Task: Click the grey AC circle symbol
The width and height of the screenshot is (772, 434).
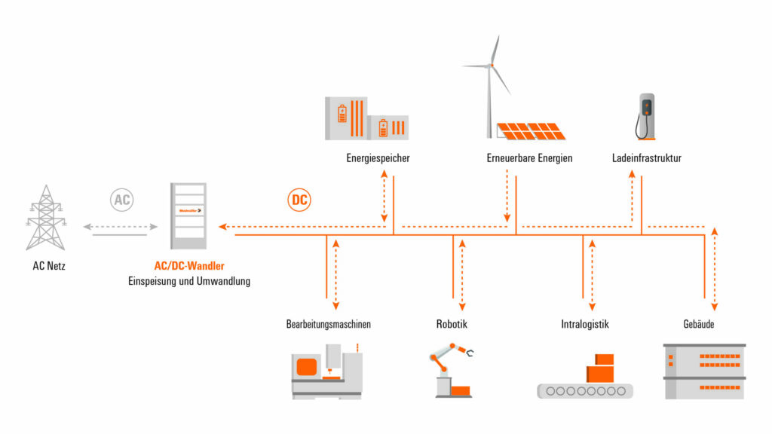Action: click(121, 200)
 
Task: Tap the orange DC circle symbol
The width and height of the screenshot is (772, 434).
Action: click(300, 200)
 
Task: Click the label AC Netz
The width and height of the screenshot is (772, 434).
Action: click(46, 265)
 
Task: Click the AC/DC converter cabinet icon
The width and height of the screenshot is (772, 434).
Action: click(188, 215)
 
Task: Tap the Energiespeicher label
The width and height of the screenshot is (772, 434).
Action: click(378, 158)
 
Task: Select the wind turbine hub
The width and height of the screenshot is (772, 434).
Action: click(491, 66)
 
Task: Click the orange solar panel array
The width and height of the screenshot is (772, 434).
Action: click(527, 130)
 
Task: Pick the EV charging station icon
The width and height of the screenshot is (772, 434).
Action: click(645, 116)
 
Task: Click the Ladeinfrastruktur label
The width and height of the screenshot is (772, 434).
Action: click(647, 158)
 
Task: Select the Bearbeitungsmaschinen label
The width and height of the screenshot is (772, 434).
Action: click(329, 325)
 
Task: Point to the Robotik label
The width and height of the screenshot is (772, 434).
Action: click(452, 325)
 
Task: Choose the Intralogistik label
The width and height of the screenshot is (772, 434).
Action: click(585, 325)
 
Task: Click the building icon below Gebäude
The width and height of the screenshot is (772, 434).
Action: click(704, 371)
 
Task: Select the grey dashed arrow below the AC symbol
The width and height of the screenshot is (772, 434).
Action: click(121, 226)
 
